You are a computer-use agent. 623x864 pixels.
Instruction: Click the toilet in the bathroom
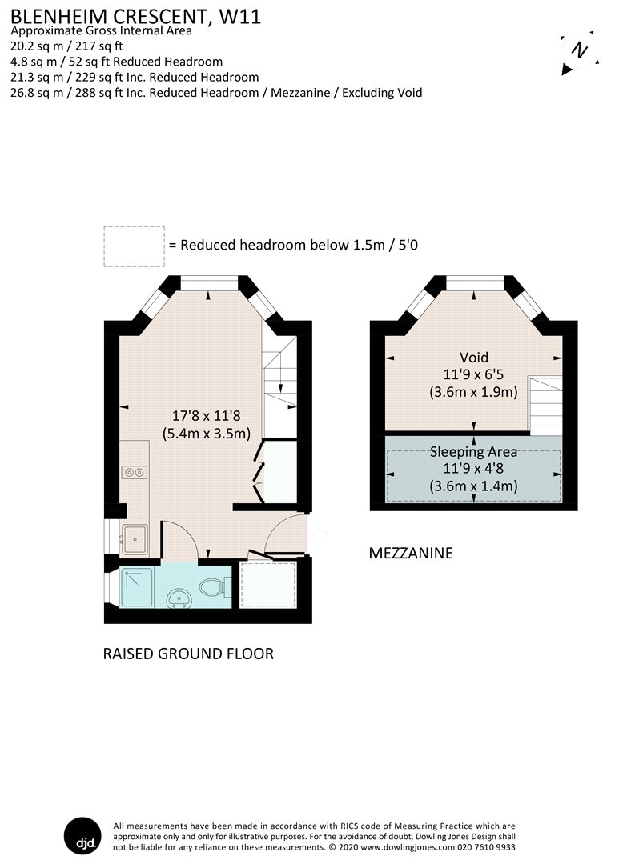tap(212, 587)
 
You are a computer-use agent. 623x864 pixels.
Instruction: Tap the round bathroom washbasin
tap(179, 598)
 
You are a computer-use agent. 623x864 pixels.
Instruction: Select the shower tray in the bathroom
tap(136, 587)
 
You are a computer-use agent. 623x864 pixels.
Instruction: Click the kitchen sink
tap(135, 539)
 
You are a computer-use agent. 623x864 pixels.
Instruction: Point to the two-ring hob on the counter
tap(135, 472)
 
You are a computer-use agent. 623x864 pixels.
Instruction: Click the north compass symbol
tap(579, 52)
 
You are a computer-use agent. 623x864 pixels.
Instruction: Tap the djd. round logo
tap(82, 835)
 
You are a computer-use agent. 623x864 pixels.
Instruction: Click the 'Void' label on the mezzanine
tap(473, 357)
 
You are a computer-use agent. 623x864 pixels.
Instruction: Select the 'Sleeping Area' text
tap(473, 452)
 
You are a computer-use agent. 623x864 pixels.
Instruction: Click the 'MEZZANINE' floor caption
tap(411, 553)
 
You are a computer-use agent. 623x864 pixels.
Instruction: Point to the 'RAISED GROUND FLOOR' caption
tap(188, 654)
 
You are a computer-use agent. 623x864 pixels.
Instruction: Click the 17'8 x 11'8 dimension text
tap(206, 415)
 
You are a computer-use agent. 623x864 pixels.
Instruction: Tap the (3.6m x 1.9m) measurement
tap(473, 392)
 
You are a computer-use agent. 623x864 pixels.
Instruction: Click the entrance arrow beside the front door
tap(320, 534)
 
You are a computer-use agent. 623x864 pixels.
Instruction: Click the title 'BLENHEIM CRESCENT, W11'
tap(135, 16)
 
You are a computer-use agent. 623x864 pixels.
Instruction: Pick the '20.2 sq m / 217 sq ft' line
tap(66, 46)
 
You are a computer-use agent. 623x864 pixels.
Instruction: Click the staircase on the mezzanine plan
tap(545, 404)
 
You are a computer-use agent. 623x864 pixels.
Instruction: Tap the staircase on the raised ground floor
tap(279, 387)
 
